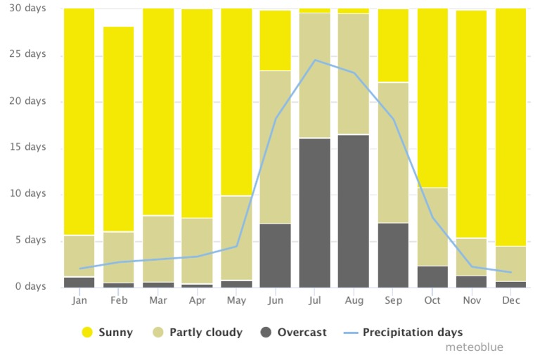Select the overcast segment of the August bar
(x=354, y=210)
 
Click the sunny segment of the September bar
(x=393, y=46)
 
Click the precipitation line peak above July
(x=315, y=60)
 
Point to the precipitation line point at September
(x=393, y=119)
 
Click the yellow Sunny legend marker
(x=87, y=333)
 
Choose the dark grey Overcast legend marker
(x=267, y=333)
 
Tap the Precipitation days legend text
(x=413, y=333)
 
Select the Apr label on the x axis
(x=197, y=300)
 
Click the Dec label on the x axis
(x=510, y=300)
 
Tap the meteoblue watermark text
(x=474, y=347)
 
